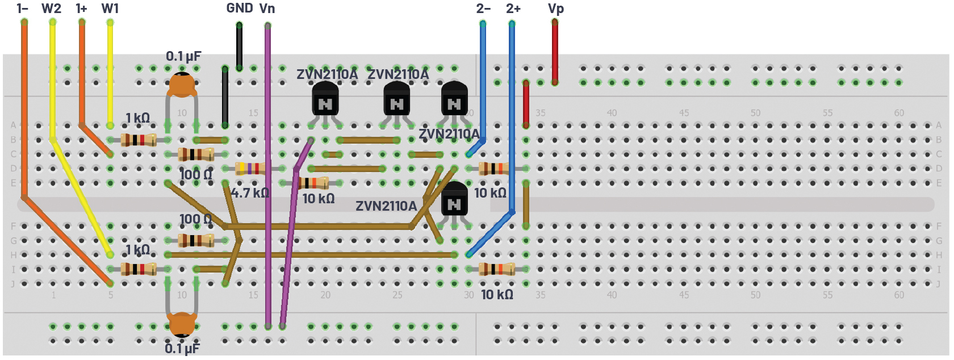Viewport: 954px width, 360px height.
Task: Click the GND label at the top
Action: [239, 9]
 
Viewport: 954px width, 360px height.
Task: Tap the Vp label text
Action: [555, 9]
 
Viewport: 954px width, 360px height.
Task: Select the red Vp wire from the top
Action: [555, 51]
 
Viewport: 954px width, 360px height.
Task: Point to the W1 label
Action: [110, 9]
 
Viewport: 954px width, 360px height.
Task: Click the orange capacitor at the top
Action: [182, 85]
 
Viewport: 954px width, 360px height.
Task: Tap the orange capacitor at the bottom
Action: [182, 324]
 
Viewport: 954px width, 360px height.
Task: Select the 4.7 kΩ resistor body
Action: [250, 168]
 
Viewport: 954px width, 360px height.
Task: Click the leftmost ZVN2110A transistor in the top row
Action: [325, 99]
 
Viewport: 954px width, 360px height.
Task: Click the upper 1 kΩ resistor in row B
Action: [138, 140]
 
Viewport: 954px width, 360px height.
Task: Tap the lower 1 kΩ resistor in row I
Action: [138, 269]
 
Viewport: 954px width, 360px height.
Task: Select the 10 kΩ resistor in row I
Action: [496, 269]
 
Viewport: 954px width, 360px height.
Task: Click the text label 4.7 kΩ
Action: [250, 193]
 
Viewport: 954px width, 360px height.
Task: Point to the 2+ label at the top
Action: [513, 9]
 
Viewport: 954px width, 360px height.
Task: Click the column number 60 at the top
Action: [899, 113]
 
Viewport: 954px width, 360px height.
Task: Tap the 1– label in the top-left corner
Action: [23, 9]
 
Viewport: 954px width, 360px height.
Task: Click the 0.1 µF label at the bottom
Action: [182, 348]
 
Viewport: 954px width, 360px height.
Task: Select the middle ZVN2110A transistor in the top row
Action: [396, 99]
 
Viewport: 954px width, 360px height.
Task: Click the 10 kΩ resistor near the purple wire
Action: [313, 183]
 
